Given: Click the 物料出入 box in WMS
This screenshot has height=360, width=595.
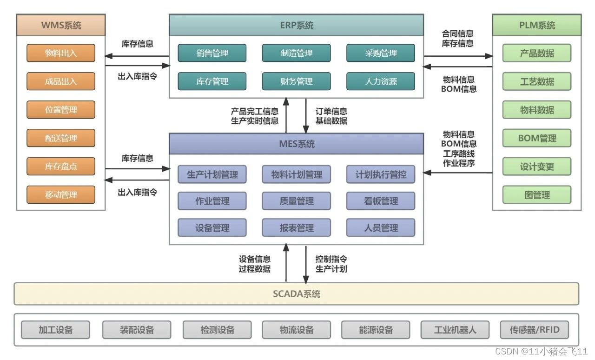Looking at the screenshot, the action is pyautogui.click(x=61, y=53).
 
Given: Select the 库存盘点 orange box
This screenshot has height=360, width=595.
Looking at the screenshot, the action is pyautogui.click(x=61, y=167).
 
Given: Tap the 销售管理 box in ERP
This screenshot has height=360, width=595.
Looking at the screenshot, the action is pyautogui.click(x=212, y=53).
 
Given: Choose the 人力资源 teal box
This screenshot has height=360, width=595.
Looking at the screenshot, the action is pyautogui.click(x=381, y=81).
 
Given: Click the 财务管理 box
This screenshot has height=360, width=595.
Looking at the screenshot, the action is pyautogui.click(x=297, y=81).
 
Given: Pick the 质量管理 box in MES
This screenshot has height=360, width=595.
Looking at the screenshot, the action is pyautogui.click(x=297, y=201).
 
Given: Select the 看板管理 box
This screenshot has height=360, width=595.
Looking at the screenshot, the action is pyautogui.click(x=381, y=201).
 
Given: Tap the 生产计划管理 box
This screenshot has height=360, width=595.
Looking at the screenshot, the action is pyautogui.click(x=212, y=174).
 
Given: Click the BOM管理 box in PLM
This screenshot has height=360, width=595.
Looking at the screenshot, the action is pyautogui.click(x=537, y=138).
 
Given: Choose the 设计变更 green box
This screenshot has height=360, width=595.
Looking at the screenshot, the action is pyautogui.click(x=537, y=167).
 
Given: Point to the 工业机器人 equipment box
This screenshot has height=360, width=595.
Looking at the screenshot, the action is pyautogui.click(x=455, y=330).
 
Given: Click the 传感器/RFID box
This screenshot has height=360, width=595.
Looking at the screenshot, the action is pyautogui.click(x=535, y=330).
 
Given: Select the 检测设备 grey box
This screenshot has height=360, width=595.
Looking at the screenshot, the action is pyautogui.click(x=217, y=330).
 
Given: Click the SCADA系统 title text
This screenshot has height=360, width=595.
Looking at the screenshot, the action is pyautogui.click(x=297, y=294).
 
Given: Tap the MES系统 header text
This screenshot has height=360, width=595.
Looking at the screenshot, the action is pyautogui.click(x=297, y=144).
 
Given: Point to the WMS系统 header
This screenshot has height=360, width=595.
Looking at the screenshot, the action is pyautogui.click(x=61, y=25).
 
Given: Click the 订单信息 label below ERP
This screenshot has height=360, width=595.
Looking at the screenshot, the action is pyautogui.click(x=331, y=111).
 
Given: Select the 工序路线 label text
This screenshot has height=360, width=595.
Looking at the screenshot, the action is pyautogui.click(x=459, y=153).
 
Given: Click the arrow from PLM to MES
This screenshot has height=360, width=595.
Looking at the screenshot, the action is pyautogui.click(x=458, y=173).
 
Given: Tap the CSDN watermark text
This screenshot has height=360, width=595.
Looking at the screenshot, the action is pyautogui.click(x=542, y=351).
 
